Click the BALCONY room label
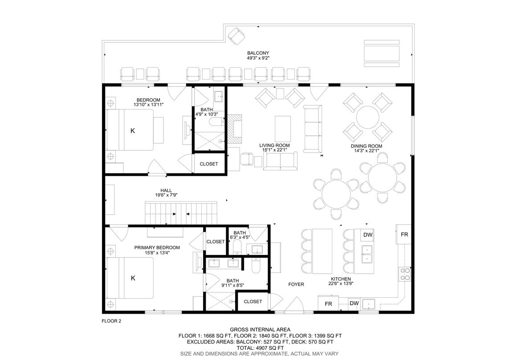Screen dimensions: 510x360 click(x=258, y=53)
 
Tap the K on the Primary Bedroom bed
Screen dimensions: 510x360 click(x=133, y=278)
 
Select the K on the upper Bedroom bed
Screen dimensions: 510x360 click(x=132, y=131)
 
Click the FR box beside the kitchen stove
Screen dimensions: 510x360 click(x=404, y=234)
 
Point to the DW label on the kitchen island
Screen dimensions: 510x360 click(x=368, y=235)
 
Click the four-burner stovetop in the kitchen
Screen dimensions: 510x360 click(x=405, y=274)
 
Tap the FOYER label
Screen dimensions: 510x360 click(x=296, y=284)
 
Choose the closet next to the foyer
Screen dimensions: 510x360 click(x=253, y=302)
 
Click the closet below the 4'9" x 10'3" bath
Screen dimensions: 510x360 click(x=209, y=164)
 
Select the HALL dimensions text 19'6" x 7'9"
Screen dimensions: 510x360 click(x=166, y=195)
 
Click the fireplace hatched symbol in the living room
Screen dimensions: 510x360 click(x=235, y=128)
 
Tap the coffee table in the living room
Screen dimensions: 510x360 click(x=283, y=129)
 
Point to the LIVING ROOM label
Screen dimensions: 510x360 click(x=274, y=145)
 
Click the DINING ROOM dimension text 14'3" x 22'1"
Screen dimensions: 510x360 click(x=366, y=150)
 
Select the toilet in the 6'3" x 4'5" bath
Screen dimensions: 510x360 click(x=237, y=247)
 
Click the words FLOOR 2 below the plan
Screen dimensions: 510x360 click(x=111, y=321)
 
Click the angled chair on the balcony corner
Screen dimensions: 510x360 click(x=236, y=36)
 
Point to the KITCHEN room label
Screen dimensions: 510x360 click(x=341, y=279)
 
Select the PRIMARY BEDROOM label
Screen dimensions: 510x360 click(x=157, y=247)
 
